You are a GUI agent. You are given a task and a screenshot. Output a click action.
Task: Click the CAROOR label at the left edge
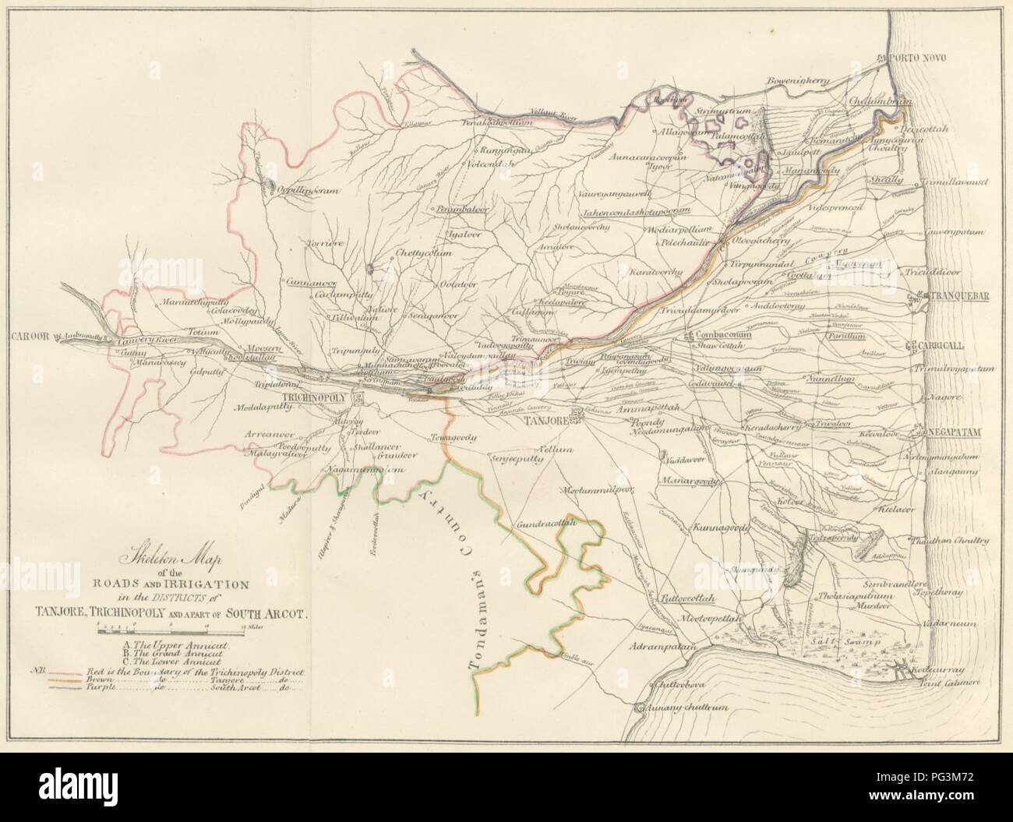[x=30, y=337]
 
